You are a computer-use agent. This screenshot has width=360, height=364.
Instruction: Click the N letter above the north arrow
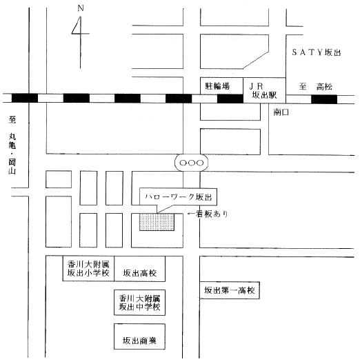[x=81, y=8]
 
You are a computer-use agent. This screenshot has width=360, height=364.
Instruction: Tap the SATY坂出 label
[x=317, y=52]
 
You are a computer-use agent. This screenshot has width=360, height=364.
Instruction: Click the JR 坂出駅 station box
[x=264, y=90]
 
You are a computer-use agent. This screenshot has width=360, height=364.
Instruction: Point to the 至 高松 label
[x=316, y=87]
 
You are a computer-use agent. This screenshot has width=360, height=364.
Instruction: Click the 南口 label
[x=281, y=112]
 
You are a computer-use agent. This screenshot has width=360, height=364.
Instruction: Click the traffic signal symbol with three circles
[x=192, y=163]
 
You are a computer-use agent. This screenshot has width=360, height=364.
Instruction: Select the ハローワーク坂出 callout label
[x=178, y=197]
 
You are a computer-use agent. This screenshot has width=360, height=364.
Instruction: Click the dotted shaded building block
[x=157, y=222]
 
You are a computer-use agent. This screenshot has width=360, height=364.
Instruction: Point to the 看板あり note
[x=208, y=214]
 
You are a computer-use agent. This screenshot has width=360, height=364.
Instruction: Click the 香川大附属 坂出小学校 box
[x=88, y=269]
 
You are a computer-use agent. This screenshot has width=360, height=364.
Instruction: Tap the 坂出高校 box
[x=139, y=269]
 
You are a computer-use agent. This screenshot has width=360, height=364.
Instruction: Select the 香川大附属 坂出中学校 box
[x=139, y=303]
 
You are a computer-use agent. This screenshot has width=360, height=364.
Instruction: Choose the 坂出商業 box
[x=139, y=336]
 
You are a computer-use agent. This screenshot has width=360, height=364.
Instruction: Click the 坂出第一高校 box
[x=230, y=290]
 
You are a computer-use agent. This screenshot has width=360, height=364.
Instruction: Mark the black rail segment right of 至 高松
[x=324, y=99]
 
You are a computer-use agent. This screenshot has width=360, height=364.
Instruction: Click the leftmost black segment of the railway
[x=25, y=98]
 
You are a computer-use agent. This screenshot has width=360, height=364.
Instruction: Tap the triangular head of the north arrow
[x=77, y=26]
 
